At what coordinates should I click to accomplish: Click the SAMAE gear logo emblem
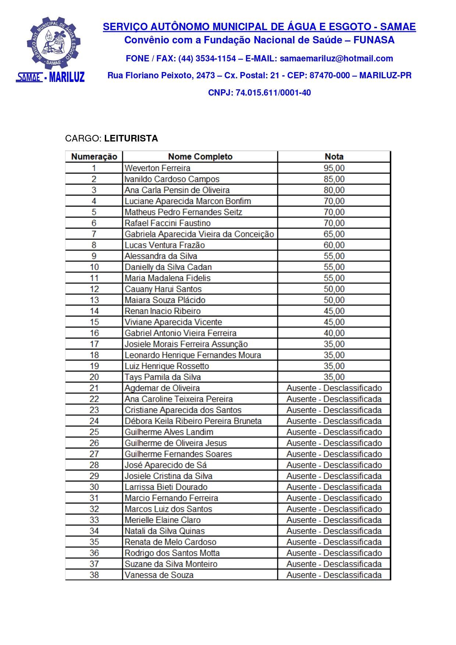54,43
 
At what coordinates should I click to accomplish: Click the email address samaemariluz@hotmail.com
336,58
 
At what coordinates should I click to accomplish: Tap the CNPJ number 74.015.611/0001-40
273,93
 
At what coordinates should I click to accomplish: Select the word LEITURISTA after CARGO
131,139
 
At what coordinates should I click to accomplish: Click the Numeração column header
94,157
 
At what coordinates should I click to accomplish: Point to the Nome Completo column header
200,157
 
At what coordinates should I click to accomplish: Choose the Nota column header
334,157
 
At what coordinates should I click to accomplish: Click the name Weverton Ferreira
157,168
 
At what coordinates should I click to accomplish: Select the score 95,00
334,168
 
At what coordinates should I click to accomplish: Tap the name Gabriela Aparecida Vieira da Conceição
199,234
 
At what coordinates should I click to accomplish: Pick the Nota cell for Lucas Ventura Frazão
334,245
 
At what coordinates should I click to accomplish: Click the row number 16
94,333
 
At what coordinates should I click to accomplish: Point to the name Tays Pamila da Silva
163,377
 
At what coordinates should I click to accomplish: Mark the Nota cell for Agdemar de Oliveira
334,388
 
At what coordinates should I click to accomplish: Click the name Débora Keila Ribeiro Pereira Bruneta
193,421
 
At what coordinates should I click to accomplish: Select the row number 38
94,575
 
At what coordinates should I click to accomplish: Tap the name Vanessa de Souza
159,575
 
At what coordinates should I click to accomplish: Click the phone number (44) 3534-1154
207,58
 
